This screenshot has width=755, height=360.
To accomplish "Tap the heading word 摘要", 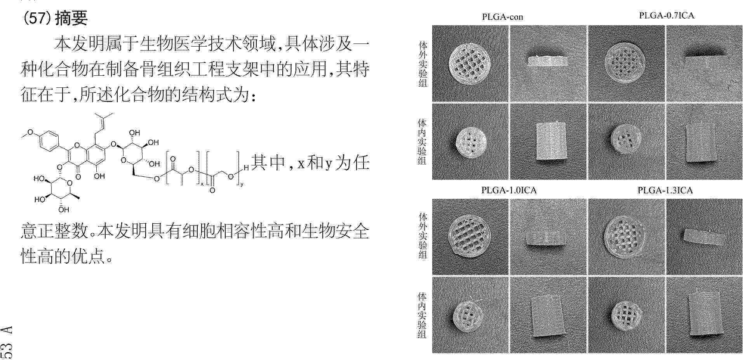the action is pos(71,18).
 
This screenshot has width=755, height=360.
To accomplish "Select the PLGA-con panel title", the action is pos(502,17).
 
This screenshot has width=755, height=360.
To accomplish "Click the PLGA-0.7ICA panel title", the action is pos(666,16).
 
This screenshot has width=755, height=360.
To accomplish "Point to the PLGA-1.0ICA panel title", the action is pos(509,190).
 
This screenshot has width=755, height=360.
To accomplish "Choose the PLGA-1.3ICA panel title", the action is pos(665,190).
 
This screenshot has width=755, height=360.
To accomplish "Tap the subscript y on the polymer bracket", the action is pos(242,185).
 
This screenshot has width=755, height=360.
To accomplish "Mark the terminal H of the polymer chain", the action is pos(246,168).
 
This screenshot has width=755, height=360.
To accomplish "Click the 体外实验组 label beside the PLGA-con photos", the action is pos(423,64).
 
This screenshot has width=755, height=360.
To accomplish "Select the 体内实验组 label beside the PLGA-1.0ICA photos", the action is pos(422,315).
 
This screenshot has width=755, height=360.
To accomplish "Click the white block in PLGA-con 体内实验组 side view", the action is pos(551,142).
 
